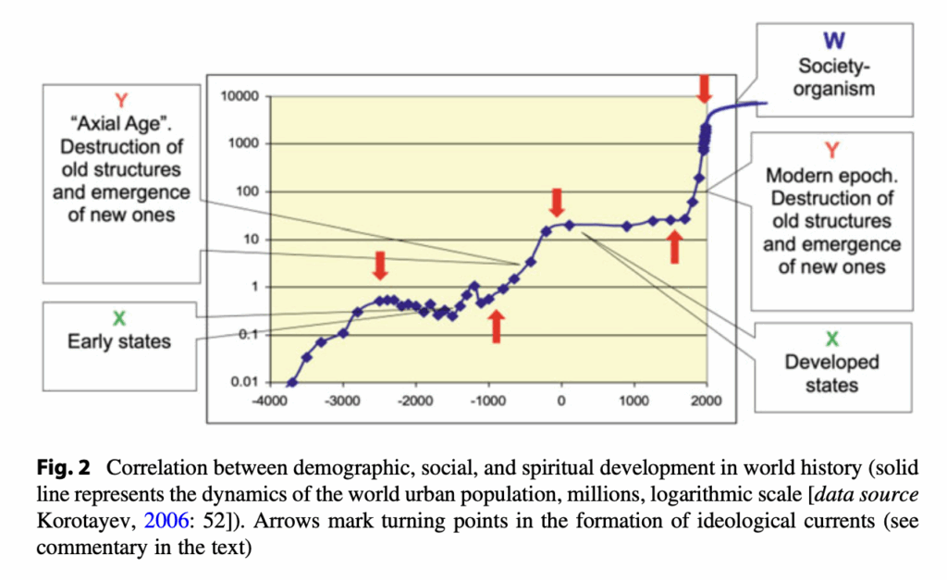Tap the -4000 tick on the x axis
pyautogui.click(x=271, y=401)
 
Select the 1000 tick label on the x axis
pyautogui.click(x=633, y=401)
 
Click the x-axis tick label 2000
pyautogui.click(x=707, y=401)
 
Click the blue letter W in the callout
pyautogui.click(x=829, y=41)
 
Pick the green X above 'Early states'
pyautogui.click(x=118, y=318)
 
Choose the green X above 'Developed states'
pyautogui.click(x=831, y=339)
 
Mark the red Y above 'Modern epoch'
pyautogui.click(x=830, y=151)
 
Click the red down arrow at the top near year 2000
pyautogui.click(x=705, y=88)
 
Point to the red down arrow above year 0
pyautogui.click(x=557, y=201)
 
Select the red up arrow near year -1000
pyautogui.click(x=497, y=326)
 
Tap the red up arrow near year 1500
pyautogui.click(x=675, y=246)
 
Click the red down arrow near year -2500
pyautogui.click(x=380, y=265)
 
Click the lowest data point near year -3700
pyautogui.click(x=292, y=382)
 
